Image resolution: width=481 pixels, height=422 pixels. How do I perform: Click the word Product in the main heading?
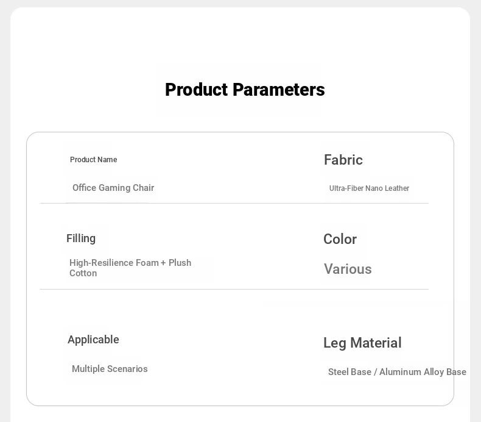(x=197, y=90)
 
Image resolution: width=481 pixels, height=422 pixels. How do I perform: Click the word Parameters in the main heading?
(x=279, y=90)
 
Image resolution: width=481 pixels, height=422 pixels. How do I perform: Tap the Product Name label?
(x=94, y=160)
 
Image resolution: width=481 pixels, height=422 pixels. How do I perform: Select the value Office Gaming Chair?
(x=113, y=188)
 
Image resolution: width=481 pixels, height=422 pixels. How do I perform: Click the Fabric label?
(x=343, y=160)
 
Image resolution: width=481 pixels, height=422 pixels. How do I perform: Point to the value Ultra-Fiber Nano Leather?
(x=369, y=188)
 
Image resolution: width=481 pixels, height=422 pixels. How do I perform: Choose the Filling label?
(x=81, y=238)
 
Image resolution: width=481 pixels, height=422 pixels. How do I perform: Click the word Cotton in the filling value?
(x=83, y=273)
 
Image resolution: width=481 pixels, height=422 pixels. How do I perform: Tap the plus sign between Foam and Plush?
(x=163, y=263)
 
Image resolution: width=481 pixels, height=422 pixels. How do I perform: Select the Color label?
(x=340, y=239)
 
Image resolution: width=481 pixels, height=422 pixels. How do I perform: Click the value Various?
(x=348, y=270)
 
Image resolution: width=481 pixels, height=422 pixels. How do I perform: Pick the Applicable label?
(x=93, y=340)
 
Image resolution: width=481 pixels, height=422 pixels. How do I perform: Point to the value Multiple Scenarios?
(x=110, y=369)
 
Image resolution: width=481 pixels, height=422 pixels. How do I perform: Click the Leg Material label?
(x=362, y=343)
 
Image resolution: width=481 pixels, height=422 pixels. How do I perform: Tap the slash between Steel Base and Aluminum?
(x=375, y=372)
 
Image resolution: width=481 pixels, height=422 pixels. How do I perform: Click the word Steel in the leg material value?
(x=339, y=372)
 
